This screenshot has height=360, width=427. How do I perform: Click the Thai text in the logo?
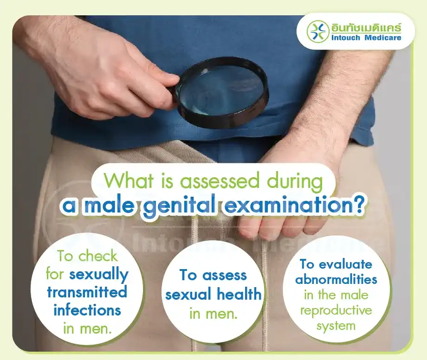coord(366,26)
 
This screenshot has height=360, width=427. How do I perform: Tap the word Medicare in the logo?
coord(383,37)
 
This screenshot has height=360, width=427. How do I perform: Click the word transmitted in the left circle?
coord(87,292)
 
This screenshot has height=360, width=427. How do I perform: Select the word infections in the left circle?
coord(87,309)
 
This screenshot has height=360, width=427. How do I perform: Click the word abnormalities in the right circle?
coord(336,280)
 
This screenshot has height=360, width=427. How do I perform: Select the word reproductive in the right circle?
coord(336,310)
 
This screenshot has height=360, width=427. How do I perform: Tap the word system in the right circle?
coord(336,326)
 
